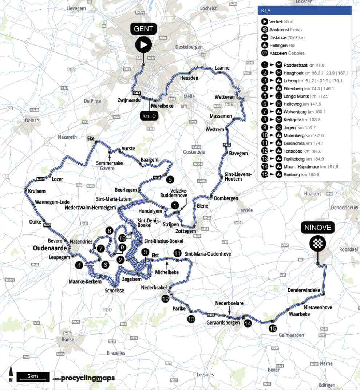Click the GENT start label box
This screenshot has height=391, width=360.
[x=143, y=28]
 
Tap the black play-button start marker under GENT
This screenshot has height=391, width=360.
[x=143, y=45]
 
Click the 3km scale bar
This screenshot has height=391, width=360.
[x=32, y=376]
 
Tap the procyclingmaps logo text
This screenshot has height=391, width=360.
[x=87, y=378]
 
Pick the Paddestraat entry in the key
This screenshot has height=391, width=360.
[x=295, y=65]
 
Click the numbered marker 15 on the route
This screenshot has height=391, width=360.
[x=273, y=328]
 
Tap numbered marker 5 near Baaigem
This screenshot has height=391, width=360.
[x=170, y=179]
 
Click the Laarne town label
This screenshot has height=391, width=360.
[x=222, y=68]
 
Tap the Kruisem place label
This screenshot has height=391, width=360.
[x=36, y=191]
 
